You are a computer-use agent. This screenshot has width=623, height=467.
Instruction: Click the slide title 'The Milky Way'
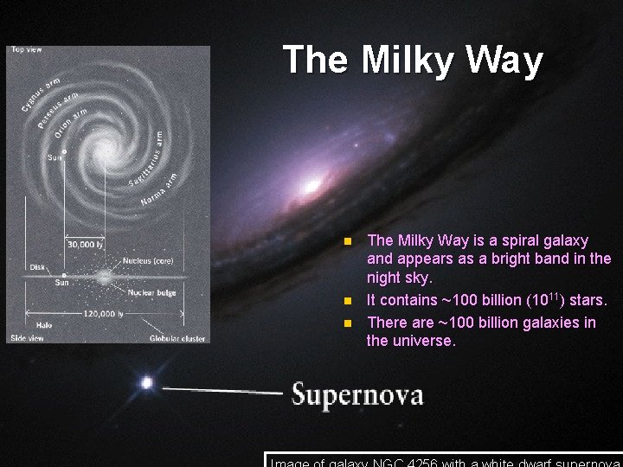pos(413,61)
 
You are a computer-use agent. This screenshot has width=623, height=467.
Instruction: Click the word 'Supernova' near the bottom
pos(357,395)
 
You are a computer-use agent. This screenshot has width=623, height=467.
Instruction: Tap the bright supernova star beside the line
pos(147,381)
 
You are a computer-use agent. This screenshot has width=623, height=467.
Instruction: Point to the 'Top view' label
pos(27,49)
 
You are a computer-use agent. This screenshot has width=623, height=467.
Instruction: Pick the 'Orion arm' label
pos(71,122)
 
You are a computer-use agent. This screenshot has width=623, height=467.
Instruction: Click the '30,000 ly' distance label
pos(86,245)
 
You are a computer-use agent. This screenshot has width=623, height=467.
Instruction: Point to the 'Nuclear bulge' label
pos(152,292)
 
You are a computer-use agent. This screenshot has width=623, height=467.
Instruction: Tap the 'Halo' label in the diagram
pos(43,324)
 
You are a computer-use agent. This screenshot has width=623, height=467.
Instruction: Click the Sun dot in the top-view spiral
pos(64,150)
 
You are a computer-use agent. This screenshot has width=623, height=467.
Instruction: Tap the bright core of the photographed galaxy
pos(309,185)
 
